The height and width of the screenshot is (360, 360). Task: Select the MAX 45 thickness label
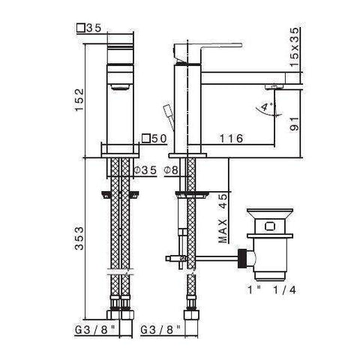[x=223, y=217]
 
